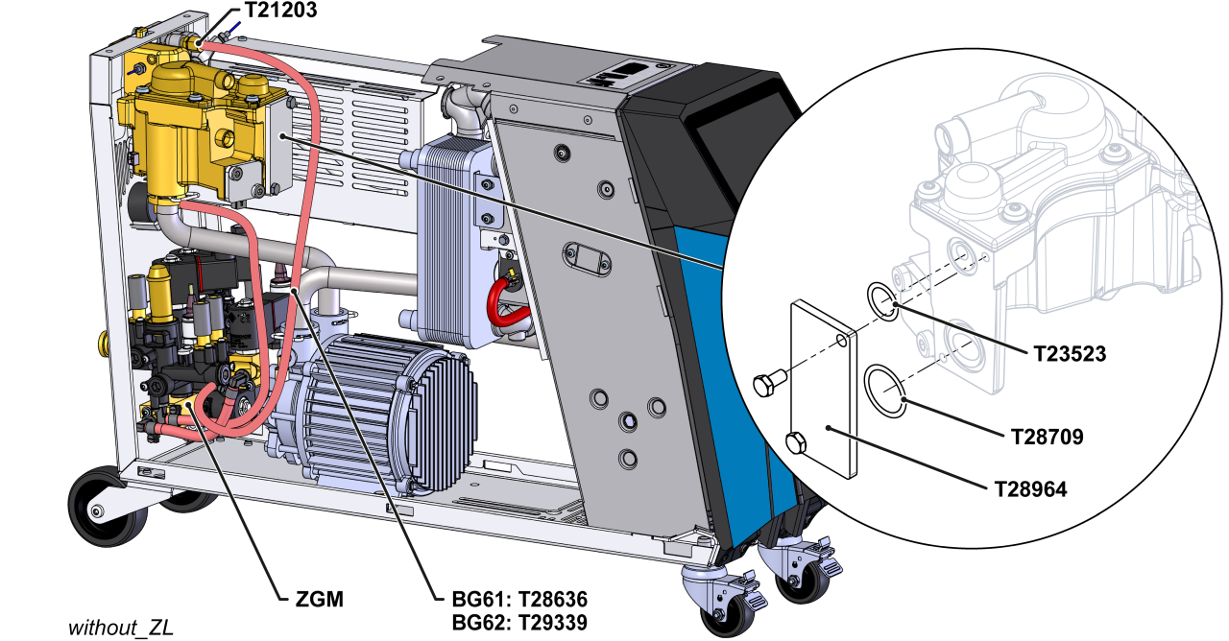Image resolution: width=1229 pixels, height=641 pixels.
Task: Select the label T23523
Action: [1070, 353]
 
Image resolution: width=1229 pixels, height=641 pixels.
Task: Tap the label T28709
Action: [1047, 437]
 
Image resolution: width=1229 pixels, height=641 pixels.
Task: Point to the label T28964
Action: [1030, 488]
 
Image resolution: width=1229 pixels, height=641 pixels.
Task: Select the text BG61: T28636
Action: [518, 600]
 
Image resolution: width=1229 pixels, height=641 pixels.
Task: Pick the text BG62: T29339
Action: [518, 622]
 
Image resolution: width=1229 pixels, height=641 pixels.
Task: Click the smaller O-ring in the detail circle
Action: [882, 298]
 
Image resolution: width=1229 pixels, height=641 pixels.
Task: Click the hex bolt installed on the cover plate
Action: [796, 443]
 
